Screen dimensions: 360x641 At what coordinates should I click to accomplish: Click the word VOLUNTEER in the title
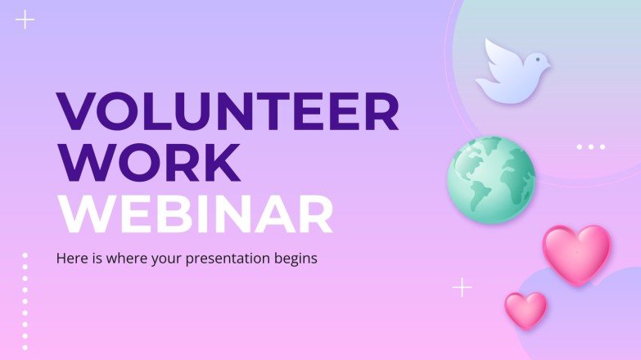pyautogui.click(x=227, y=112)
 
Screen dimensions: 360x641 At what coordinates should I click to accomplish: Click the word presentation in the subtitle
pyautogui.click(x=234, y=259)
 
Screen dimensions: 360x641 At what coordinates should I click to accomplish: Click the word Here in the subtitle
pyautogui.click(x=70, y=258)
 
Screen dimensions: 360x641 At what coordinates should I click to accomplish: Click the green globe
pyautogui.click(x=491, y=179)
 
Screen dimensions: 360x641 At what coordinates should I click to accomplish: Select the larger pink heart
pyautogui.click(x=577, y=253)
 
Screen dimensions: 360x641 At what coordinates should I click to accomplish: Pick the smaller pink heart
pyautogui.click(x=526, y=309)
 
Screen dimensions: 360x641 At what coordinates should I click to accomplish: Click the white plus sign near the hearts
pyautogui.click(x=463, y=287)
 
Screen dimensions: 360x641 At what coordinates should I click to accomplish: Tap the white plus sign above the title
pyautogui.click(x=25, y=20)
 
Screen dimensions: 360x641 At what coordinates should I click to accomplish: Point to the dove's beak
pyautogui.click(x=549, y=61)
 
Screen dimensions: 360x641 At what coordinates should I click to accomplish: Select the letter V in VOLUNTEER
pyautogui.click(x=75, y=112)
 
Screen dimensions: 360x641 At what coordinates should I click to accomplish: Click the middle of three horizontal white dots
pyautogui.click(x=591, y=147)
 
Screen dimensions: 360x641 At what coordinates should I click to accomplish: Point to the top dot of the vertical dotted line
pyautogui.click(x=25, y=255)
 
